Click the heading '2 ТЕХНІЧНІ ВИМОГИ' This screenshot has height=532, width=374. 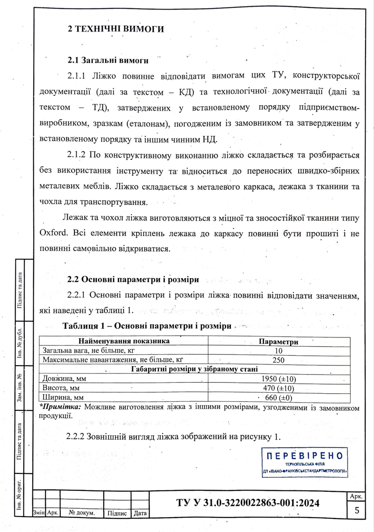116,29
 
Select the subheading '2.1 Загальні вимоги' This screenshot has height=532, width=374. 108,60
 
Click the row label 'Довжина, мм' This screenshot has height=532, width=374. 64,379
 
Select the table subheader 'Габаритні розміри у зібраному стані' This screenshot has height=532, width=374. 199,369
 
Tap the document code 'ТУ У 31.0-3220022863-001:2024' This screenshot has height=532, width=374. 248,503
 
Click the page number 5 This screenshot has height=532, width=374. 357,510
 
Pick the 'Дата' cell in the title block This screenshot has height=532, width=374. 140,513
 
